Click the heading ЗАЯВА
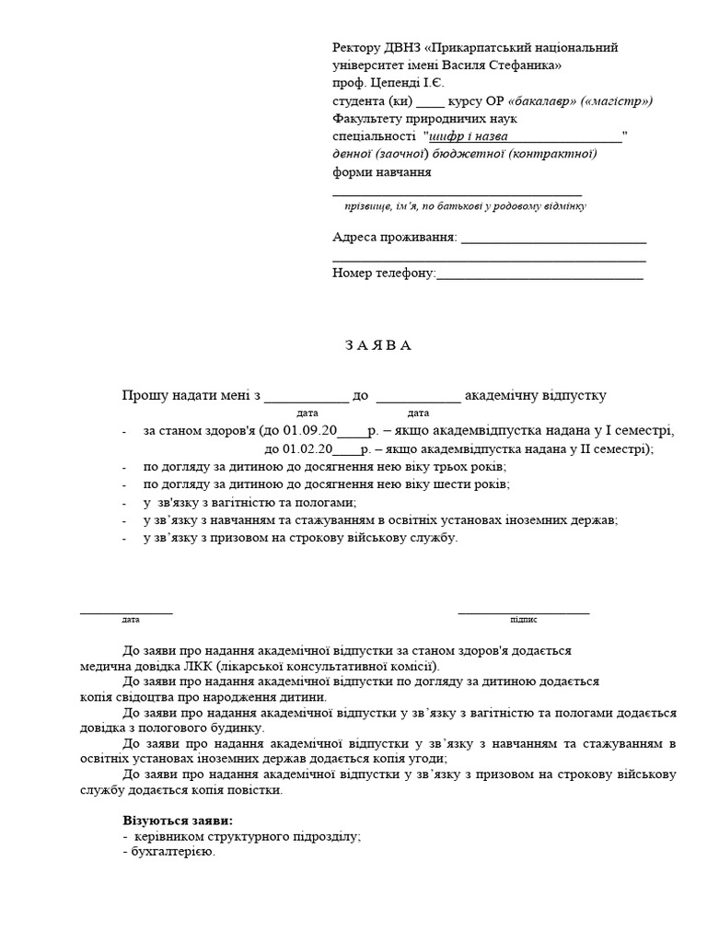tap(379, 345)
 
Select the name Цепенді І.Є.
tap(406, 83)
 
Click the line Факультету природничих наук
tap(424, 119)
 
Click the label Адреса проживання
tap(394, 238)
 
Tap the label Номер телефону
tap(382, 273)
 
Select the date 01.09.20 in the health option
tap(311, 431)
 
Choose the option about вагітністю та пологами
tap(249, 502)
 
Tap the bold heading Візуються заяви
tap(178, 820)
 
